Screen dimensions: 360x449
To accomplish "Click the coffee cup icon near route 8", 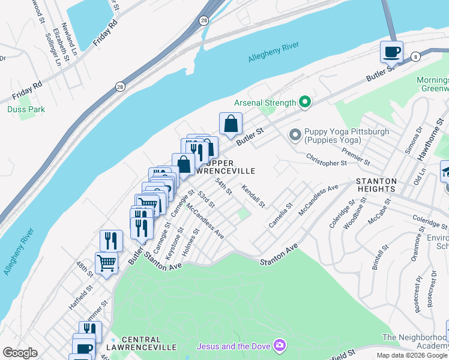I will click(x=391, y=52).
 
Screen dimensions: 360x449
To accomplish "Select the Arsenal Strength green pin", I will click(x=305, y=103).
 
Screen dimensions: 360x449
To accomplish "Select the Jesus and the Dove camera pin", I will click(x=279, y=346).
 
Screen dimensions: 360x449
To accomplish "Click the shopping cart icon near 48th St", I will click(x=106, y=263).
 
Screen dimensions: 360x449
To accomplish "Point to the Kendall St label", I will click(x=253, y=196).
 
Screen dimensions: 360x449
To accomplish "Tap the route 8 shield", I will click(x=415, y=56).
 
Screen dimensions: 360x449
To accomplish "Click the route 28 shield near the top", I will click(x=203, y=20).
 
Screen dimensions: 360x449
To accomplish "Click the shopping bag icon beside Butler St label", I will click(x=231, y=124).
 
